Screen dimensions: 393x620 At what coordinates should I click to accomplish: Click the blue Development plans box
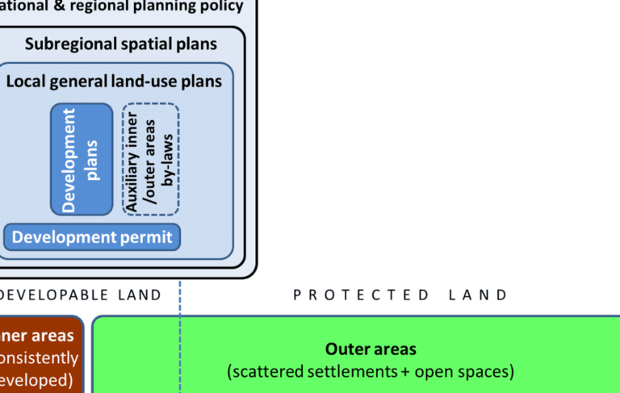point(82,159)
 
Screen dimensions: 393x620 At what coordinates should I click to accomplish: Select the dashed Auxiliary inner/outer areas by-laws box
point(150,159)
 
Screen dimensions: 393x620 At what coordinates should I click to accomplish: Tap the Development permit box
point(93,237)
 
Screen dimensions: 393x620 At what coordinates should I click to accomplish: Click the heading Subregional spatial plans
point(121,44)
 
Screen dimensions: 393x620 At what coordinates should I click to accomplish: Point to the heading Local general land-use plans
point(114,82)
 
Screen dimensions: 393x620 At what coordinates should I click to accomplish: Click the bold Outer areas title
point(371,349)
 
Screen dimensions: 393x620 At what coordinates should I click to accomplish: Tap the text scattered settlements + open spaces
point(371,372)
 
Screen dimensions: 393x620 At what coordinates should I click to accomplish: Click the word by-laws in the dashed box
point(168,159)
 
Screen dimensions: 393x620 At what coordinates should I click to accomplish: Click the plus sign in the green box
point(393,372)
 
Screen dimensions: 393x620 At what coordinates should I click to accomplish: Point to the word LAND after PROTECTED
point(479,295)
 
